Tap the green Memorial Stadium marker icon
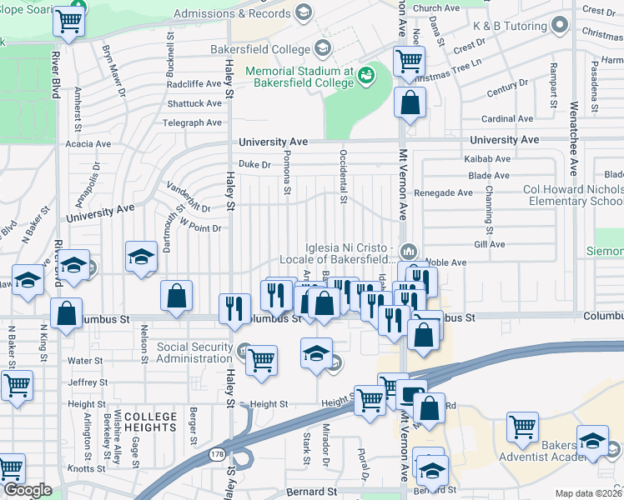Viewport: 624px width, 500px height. [x=365, y=77]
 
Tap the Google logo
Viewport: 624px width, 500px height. [x=27, y=491]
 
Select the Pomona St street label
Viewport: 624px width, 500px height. [x=286, y=172]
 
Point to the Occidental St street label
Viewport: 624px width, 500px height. [x=343, y=176]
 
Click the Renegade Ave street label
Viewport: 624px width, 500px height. [x=446, y=192]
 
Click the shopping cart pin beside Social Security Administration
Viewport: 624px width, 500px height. [x=261, y=360]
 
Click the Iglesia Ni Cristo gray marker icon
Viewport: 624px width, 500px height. [x=409, y=251]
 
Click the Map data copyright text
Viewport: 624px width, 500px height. [x=589, y=493]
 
